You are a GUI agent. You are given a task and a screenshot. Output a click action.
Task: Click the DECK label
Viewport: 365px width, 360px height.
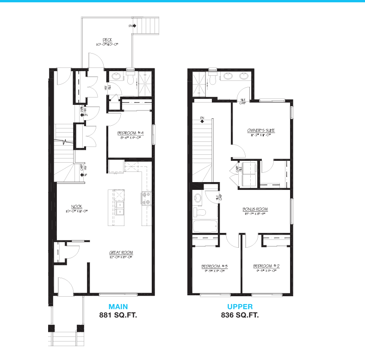click(107, 40)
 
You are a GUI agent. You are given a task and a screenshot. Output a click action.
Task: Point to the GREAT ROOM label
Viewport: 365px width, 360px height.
click(121, 252)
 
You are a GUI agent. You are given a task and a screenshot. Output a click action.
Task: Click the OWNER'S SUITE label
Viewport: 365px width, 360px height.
click(261, 131)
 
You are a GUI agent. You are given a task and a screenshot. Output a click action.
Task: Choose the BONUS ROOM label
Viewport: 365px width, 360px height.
click(255, 209)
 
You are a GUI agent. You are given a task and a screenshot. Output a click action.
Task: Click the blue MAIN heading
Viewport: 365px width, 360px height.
click(118, 307)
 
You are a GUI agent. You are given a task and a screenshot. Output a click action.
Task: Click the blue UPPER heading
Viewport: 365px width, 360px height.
click(240, 307)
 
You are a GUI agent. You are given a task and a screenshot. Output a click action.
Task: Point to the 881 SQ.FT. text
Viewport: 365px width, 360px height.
click(118, 316)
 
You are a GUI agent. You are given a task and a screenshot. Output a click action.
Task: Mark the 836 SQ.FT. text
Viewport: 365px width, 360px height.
click(240, 316)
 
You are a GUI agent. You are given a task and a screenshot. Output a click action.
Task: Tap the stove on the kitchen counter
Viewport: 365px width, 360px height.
click(146, 199)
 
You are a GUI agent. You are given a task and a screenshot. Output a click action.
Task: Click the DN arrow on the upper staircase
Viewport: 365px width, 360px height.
click(202, 120)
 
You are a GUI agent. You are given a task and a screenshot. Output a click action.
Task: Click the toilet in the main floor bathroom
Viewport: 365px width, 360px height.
click(130, 79)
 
